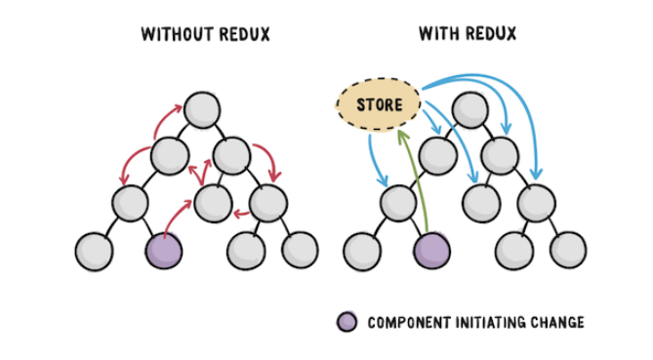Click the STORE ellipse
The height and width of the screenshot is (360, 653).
[378, 103]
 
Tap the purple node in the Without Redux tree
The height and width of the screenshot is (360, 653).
[164, 251]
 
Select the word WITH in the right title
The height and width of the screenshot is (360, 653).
[437, 34]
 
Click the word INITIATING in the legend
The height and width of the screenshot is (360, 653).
[486, 322]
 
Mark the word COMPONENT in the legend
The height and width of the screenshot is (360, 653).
[407, 322]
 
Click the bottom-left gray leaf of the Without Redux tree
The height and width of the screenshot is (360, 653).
[94, 251]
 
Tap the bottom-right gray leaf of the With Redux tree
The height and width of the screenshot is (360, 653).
[567, 251]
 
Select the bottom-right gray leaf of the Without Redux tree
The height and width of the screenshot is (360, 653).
[300, 251]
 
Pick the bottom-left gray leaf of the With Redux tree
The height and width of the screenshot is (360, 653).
[361, 251]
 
